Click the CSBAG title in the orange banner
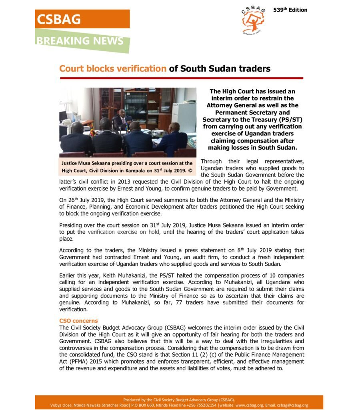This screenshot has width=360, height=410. (x=59, y=19)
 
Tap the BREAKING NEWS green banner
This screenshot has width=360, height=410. (x=80, y=41)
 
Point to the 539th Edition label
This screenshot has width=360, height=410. (x=290, y=10)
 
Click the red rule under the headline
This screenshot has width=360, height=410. (x=181, y=78)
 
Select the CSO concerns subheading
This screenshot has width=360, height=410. (x=78, y=321)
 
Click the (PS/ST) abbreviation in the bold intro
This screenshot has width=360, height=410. (x=282, y=119)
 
